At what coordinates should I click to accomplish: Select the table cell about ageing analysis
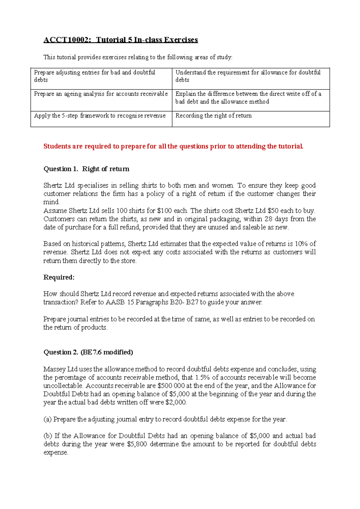(101, 94)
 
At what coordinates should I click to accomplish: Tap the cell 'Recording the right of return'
(213, 116)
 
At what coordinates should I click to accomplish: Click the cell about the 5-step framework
(100, 116)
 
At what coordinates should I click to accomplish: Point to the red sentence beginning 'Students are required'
(173, 146)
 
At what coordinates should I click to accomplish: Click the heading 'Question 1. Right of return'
(86, 169)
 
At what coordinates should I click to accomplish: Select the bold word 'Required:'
(59, 277)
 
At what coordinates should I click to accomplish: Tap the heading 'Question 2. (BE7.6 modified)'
(88, 352)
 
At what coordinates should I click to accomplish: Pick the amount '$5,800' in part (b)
(137, 444)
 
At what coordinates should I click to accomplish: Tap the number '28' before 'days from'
(268, 219)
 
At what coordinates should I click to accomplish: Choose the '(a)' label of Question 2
(47, 419)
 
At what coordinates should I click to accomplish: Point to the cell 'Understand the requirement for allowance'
(248, 76)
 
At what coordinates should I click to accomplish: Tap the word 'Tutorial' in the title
(110, 40)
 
